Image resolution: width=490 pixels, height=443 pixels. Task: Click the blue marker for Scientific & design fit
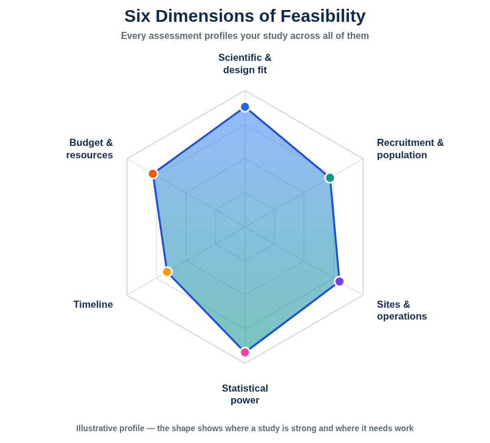click(x=245, y=107)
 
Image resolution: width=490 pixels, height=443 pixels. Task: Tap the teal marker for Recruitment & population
click(x=329, y=178)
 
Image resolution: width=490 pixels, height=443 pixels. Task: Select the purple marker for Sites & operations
click(x=339, y=281)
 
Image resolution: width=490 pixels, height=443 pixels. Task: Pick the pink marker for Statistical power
click(x=245, y=353)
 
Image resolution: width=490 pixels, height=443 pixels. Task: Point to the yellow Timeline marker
click(x=168, y=272)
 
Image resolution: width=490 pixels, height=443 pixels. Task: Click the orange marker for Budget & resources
click(x=153, y=174)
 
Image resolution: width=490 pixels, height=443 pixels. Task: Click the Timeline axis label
click(x=93, y=305)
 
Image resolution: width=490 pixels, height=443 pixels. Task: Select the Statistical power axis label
click(x=245, y=394)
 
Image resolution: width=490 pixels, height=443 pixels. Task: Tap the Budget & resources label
click(x=90, y=149)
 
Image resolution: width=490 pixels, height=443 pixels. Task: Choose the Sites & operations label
click(x=402, y=310)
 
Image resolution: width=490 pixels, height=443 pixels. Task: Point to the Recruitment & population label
click(x=410, y=149)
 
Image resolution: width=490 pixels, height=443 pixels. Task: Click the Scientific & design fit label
click(x=245, y=64)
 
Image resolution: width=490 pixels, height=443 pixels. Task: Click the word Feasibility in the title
click(x=323, y=16)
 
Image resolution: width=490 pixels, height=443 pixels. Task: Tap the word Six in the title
click(x=138, y=16)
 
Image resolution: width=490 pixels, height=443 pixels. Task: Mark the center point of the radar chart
click(x=245, y=227)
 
